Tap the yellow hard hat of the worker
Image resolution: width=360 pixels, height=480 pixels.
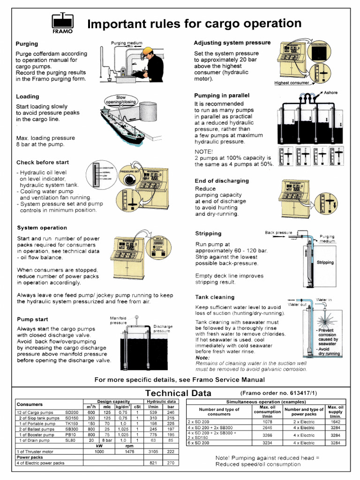coord(148,51)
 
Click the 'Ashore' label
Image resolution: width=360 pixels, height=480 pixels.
coord(330,93)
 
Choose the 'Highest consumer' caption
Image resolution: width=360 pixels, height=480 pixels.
coord(292,83)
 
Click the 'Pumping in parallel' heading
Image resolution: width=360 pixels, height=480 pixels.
coord(222,95)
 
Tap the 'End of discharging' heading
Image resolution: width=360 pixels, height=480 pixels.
coord(222,181)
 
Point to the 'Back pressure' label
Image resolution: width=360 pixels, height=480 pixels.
coord(278,232)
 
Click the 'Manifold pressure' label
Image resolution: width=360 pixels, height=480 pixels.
coord(118,320)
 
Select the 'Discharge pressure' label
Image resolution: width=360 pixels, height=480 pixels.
coord(162,329)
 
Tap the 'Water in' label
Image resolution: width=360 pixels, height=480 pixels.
coord(324,299)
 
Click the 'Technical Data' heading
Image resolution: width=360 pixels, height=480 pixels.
coord(178,393)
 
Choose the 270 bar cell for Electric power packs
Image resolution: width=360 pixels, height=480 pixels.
coord(171,463)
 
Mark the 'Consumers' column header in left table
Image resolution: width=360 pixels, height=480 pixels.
coord(30,404)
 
